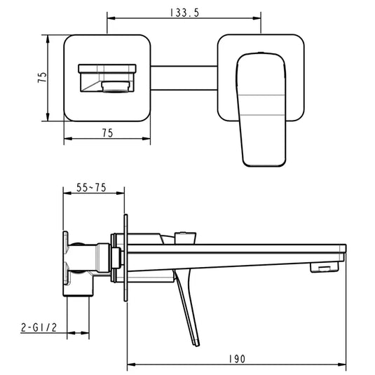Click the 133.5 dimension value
(x=184, y=12)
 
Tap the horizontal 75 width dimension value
(x=107, y=133)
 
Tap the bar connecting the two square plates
(x=184, y=77)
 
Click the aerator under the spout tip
(x=324, y=267)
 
